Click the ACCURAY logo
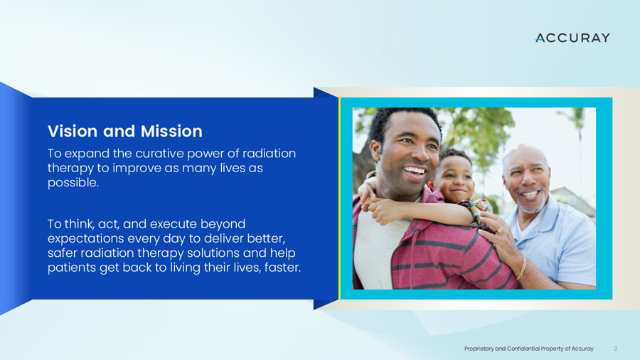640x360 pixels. click(572, 38)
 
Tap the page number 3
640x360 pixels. click(615, 348)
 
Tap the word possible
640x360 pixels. click(72, 183)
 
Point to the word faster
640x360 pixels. click(281, 268)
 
